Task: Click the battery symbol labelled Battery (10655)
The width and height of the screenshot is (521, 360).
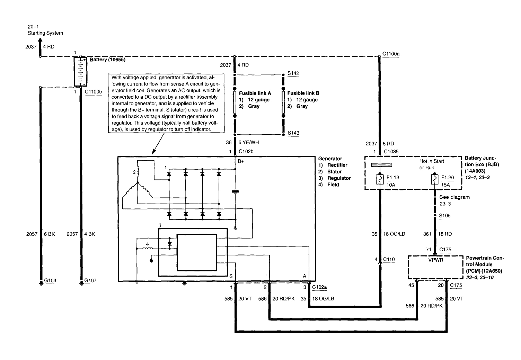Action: [x=80, y=72]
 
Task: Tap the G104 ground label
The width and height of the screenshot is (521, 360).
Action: [x=50, y=281]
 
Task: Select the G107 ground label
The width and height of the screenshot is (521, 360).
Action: [x=90, y=281]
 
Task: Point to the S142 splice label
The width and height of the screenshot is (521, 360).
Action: [x=293, y=73]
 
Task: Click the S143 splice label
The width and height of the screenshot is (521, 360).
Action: [x=293, y=133]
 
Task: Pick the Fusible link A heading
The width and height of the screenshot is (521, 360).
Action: [x=255, y=93]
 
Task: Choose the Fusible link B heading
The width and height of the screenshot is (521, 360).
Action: [x=303, y=93]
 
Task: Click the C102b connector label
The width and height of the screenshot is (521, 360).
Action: [x=246, y=152]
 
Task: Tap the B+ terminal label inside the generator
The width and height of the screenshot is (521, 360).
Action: [x=241, y=161]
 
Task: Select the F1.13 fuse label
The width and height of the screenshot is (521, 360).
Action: [x=393, y=178]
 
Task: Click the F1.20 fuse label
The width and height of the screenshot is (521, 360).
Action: [x=448, y=178]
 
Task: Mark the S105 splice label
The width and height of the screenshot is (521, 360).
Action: [x=445, y=216]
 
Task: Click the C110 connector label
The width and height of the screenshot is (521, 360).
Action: [x=389, y=259]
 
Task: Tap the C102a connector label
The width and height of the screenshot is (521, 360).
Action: [x=319, y=287]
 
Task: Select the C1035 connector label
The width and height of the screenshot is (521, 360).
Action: [x=391, y=152]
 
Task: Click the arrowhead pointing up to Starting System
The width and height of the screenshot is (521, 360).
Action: [x=40, y=41]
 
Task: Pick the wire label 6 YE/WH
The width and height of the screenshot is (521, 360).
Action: [x=248, y=142]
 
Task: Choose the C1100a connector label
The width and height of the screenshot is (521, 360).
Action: [x=391, y=54]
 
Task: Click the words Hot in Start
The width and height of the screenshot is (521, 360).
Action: [x=432, y=161]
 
